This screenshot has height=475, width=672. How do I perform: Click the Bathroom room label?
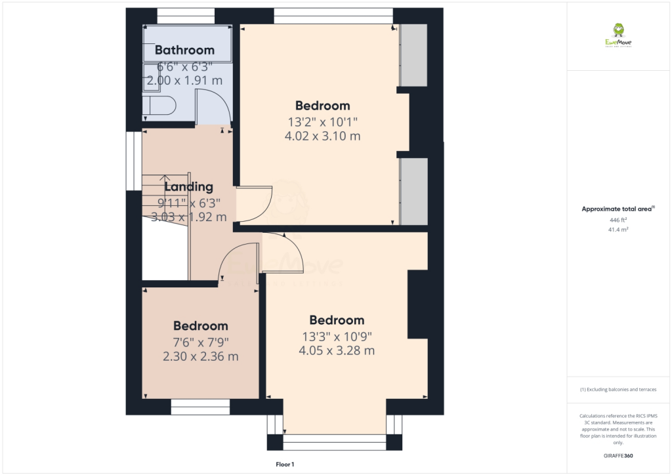(x=184, y=50)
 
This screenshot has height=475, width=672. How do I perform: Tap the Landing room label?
(x=188, y=187)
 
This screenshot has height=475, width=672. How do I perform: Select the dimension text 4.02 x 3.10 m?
(x=323, y=136)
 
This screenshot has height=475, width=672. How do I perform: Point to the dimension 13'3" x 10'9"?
(x=337, y=336)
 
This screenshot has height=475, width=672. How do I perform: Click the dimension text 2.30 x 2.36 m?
(x=200, y=357)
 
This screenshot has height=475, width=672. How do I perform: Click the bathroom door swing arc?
(x=213, y=108)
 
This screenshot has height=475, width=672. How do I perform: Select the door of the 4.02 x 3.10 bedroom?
(x=255, y=204)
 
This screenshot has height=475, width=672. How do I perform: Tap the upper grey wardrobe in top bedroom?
(x=413, y=56)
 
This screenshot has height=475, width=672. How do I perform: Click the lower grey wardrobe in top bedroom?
(x=413, y=192)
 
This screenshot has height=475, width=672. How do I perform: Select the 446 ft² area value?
(x=618, y=220)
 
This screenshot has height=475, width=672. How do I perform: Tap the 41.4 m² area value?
(x=618, y=230)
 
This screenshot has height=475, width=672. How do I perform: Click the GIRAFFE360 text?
(x=618, y=456)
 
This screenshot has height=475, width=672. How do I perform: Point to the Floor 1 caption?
(x=285, y=465)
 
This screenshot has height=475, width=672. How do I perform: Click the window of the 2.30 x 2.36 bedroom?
(x=200, y=407)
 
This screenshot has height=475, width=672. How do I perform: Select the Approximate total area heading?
(x=618, y=209)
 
